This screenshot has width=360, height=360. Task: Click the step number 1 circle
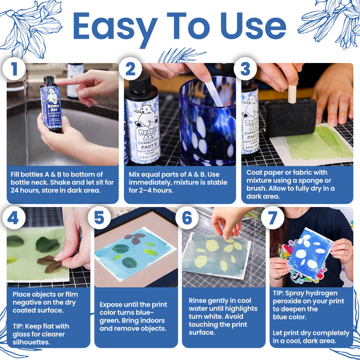point(15,69)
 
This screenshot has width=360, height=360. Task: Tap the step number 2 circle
point(130,69)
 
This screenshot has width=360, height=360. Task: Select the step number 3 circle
point(245,69)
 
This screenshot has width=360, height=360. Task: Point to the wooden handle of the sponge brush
point(292,92)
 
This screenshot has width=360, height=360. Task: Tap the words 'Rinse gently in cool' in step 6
point(220,301)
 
